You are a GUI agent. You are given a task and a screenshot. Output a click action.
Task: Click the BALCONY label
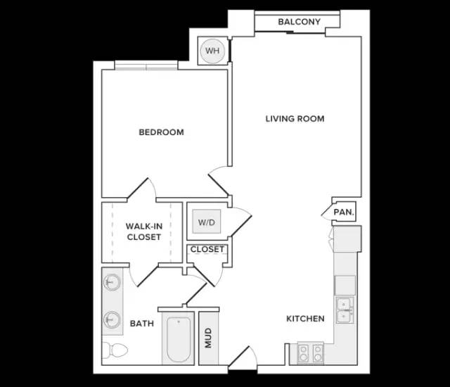[299, 22]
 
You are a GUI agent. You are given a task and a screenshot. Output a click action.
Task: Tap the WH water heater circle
[212, 51]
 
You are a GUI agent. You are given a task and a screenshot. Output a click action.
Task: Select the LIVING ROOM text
[295, 119]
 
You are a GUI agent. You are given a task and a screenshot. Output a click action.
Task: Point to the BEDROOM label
[161, 132]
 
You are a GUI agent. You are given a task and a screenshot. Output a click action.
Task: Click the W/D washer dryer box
[207, 222]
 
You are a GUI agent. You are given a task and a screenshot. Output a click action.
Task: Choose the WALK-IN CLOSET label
[144, 231]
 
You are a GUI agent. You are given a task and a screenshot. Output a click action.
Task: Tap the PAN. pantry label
[344, 212]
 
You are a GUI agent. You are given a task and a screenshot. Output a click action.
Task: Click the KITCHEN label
[305, 319]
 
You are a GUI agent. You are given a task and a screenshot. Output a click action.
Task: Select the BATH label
[142, 324]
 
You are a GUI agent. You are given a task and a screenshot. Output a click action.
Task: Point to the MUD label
[208, 338]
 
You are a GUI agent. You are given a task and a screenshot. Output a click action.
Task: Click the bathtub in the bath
[178, 338]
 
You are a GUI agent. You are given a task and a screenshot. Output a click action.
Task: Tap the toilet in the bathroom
[115, 350]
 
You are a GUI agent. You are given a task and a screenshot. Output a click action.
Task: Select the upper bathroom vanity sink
[112, 282]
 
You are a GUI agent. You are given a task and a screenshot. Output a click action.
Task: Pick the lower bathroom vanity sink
[112, 319]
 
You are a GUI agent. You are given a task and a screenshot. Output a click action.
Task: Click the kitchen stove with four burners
[311, 353]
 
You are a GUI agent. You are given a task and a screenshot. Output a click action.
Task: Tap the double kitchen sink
[345, 310]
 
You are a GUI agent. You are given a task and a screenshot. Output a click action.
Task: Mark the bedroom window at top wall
[146, 65]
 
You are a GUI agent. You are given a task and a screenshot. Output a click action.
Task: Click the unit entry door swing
[243, 357]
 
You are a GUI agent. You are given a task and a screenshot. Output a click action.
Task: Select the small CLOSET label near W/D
[207, 249]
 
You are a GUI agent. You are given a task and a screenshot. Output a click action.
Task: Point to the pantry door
[327, 212]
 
